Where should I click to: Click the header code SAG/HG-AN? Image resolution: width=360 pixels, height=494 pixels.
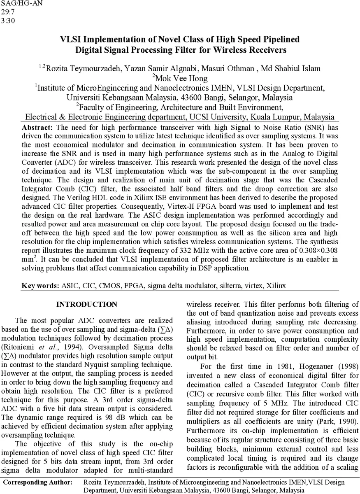[x=21, y=5]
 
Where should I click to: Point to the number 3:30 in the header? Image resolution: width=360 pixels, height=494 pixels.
[x=8, y=21]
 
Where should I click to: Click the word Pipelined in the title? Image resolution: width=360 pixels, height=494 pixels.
[x=281, y=40]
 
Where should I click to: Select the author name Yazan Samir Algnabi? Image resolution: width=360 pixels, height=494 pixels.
[x=166, y=68]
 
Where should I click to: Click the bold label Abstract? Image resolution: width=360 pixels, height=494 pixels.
[x=37, y=127]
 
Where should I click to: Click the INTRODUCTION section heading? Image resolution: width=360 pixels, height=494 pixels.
[x=86, y=305]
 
